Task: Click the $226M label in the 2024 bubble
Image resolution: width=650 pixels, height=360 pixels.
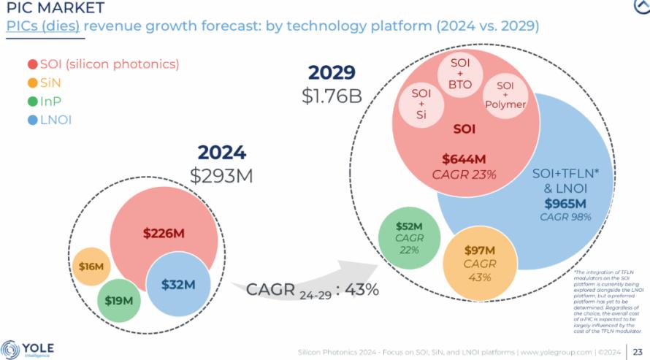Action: tap(164, 234)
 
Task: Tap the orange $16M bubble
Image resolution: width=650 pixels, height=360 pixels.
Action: tap(91, 267)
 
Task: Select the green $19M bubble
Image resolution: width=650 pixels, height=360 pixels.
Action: tap(118, 300)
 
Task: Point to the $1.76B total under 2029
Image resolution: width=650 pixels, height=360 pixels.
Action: tap(332, 95)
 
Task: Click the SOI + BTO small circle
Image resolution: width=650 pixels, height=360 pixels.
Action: tap(460, 73)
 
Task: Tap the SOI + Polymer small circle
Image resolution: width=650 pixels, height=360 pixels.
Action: tap(505, 95)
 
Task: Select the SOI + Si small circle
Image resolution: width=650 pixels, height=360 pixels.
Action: tap(421, 102)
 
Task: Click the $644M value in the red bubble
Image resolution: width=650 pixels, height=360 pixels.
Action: tap(464, 158)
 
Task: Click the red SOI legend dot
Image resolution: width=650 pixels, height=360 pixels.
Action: tap(32, 64)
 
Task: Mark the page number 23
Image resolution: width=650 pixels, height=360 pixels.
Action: tap(637, 351)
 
